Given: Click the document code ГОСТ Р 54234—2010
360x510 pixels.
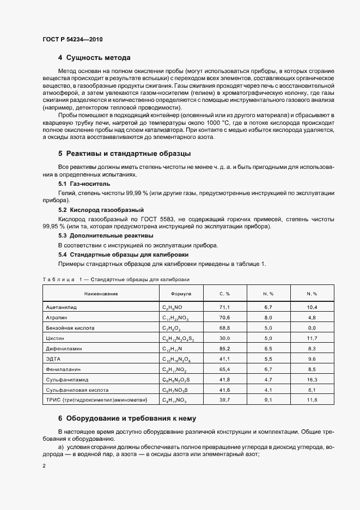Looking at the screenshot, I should coord(72,40).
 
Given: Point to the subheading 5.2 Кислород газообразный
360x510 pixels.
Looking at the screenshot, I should coord(93,209).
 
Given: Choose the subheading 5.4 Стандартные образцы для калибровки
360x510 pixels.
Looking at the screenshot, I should coord(116,254).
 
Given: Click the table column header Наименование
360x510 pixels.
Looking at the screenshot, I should coord(101,294).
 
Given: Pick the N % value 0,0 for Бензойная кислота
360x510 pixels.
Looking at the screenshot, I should coord(312,328).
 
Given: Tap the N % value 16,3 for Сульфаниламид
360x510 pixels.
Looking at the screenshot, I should coord(312,380).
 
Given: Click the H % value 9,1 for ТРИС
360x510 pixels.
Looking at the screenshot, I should coord(268,400).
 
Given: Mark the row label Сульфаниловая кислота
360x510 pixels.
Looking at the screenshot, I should coord(77,390).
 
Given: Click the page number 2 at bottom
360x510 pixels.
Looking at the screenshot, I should coord(44,466).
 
